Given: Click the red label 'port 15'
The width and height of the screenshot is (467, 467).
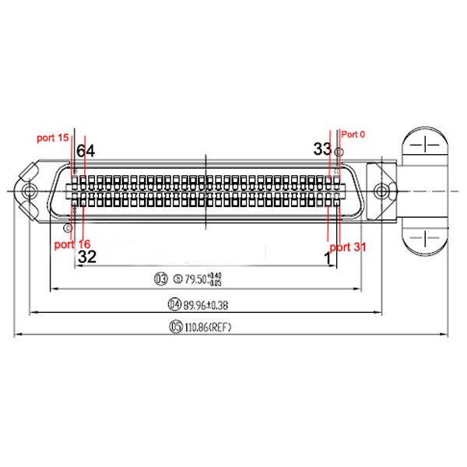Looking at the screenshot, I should (53, 138).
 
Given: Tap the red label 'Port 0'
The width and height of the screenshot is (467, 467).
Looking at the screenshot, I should (353, 134).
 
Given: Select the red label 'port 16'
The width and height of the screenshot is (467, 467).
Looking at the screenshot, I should (72, 244).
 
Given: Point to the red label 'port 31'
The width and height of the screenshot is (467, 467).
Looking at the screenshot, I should (348, 247).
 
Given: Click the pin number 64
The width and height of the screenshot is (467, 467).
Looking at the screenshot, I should (86, 151).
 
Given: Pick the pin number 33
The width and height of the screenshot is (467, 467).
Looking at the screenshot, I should (322, 149).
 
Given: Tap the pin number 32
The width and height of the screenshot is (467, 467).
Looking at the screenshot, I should (87, 256).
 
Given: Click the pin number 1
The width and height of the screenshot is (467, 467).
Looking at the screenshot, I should (328, 255).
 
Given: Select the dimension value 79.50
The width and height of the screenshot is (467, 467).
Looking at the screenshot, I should (191, 279).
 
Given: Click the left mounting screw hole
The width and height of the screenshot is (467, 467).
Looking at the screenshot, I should (30, 189).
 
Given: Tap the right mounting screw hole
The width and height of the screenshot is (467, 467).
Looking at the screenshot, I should (381, 190).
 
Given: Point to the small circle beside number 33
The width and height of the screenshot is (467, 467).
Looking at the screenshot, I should (337, 150).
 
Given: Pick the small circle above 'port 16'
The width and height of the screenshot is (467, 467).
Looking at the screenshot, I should (68, 229).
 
